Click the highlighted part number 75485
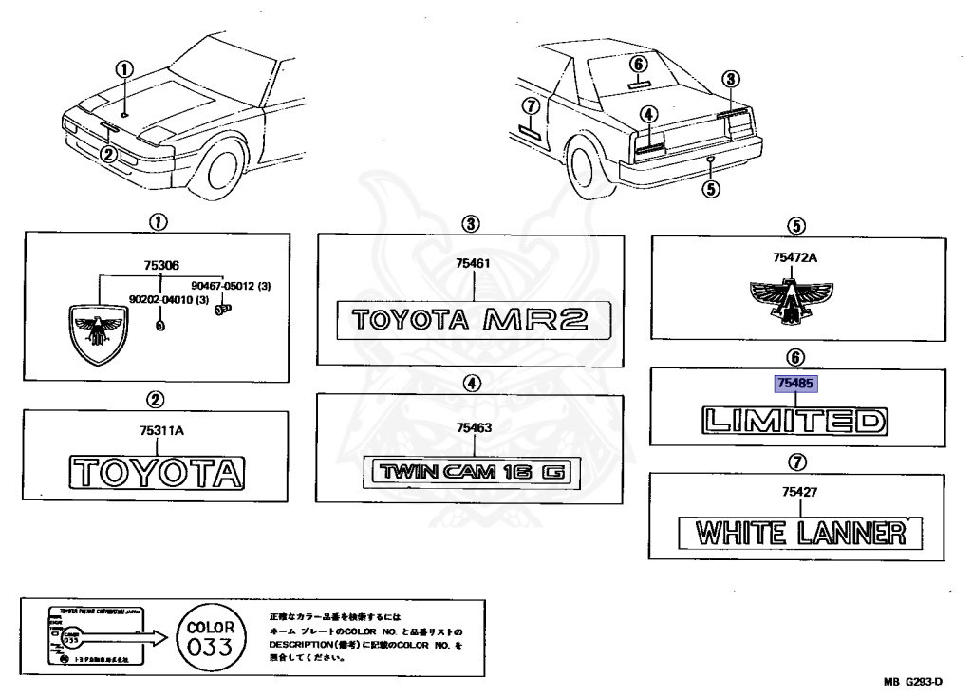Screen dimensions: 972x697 (796, 386)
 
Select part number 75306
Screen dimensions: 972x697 (160, 268)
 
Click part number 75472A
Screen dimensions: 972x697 (795, 257)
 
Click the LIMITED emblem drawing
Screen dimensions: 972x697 (794, 419)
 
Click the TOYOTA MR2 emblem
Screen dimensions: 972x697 (470, 319)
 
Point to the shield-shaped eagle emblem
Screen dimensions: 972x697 (98, 331)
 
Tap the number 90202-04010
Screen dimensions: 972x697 (169, 299)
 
